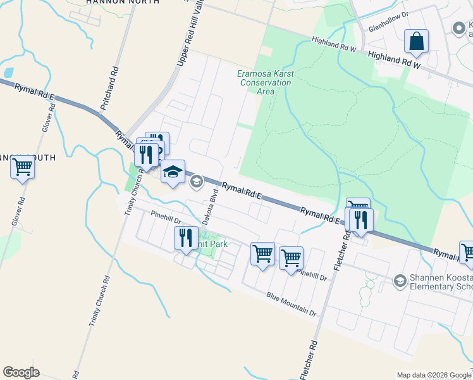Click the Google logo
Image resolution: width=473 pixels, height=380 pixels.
coord(21,372)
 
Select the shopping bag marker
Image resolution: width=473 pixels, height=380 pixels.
coord(417,42)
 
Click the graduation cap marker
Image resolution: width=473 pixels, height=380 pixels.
coord(173,172)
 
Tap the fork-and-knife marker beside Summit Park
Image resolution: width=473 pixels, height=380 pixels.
coord(185,238)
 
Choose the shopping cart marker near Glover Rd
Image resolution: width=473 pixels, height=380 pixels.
coord(22,168)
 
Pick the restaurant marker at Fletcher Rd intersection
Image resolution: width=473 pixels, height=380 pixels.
coord(361,220)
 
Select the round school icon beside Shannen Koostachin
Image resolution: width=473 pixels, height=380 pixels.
coord(400,280)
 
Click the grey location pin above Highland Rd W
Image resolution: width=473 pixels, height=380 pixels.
coord(458,28)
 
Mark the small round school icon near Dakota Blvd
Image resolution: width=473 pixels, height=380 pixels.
coord(196,182)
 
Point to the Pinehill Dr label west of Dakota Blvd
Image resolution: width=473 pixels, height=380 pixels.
coord(166,218)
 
